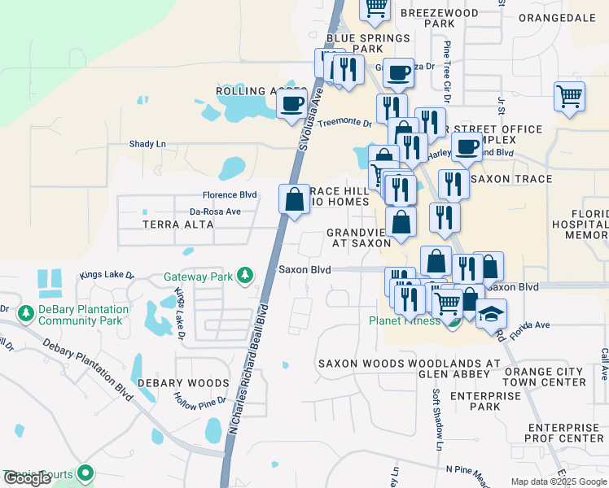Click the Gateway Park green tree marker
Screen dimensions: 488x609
[244, 277]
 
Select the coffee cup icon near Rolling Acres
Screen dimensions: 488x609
[292, 104]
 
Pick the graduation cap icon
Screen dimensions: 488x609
[491, 314]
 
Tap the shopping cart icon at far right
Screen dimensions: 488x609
[569, 96]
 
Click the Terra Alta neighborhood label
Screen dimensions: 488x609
[168, 224]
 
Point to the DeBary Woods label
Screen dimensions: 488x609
[183, 382]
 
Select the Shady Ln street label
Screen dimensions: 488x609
[147, 144]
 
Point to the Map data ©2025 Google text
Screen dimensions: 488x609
[558, 481]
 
